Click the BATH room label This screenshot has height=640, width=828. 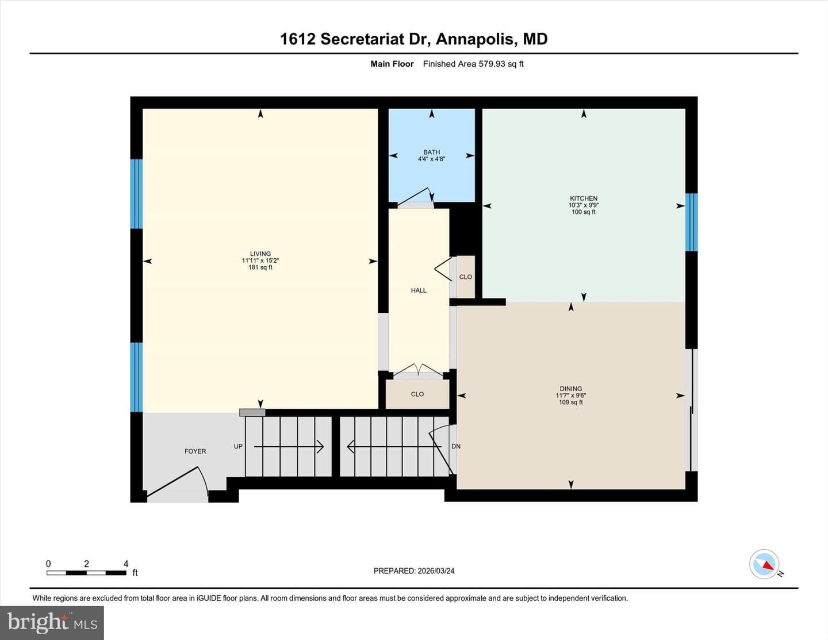click(431, 152)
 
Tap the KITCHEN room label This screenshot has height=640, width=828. click(584, 198)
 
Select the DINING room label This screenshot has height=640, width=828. click(571, 389)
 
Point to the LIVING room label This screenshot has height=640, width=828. click(260, 254)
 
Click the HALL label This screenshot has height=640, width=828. click(419, 290)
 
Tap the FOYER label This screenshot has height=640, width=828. click(195, 451)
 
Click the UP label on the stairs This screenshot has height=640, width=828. click(238, 446)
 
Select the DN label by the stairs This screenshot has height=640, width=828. click(456, 446)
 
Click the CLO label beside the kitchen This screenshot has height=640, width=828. click(466, 277)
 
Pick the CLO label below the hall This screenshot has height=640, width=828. click(417, 394)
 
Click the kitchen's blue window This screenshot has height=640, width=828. click(691, 223)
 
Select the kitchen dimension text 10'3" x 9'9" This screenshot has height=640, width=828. click(584, 205)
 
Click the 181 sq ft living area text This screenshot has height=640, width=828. click(260, 267)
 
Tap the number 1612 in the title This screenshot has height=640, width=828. click(298, 39)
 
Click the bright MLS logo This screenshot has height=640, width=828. click(52, 623)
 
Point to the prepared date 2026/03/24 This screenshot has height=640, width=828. click(436, 571)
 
